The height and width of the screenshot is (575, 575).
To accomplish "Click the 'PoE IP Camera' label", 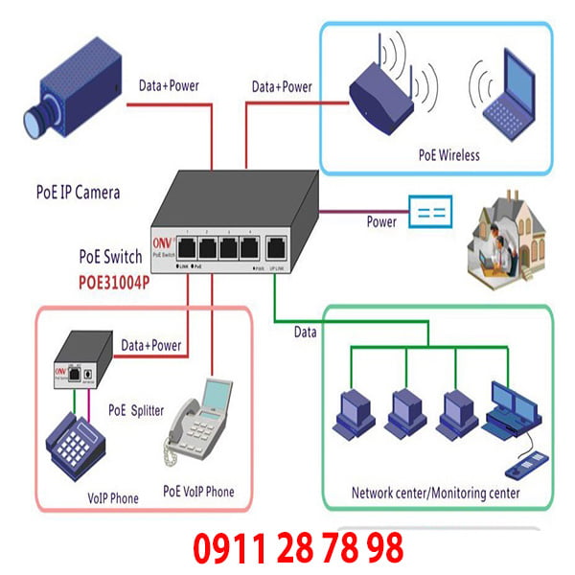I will pos(73,193).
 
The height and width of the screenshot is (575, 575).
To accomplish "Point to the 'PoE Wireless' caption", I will pos(448,154).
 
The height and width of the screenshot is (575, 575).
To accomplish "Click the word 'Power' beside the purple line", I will pos(381,221).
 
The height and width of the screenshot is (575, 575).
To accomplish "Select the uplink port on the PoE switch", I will pos(277,248).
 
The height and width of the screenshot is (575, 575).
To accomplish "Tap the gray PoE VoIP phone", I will pos(197,428).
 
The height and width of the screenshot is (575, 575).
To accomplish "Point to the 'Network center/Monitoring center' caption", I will pos(436,494).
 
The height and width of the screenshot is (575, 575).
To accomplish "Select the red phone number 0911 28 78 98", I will pos(298,549).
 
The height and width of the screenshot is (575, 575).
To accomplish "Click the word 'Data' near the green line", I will pos(306,332).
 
